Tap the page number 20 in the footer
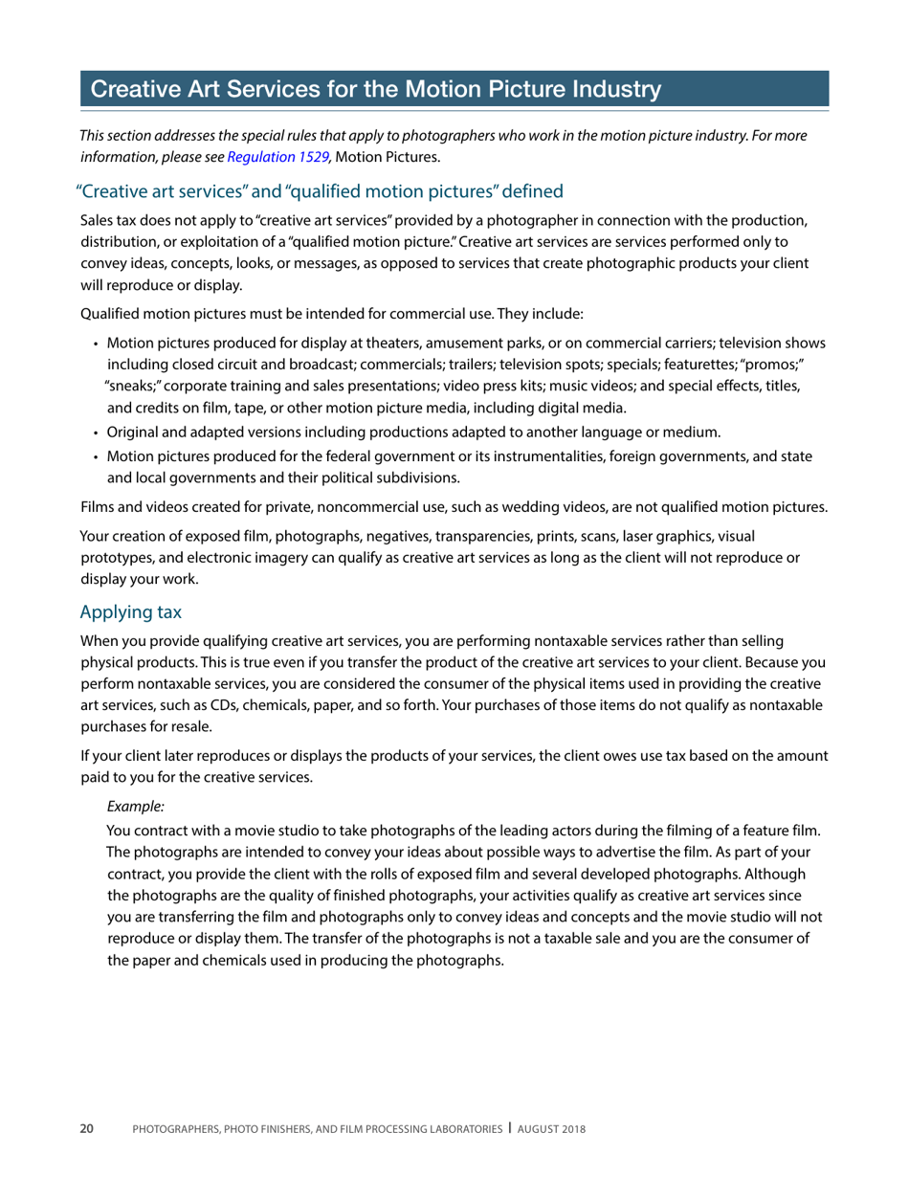[86, 1130]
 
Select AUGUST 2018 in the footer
[552, 1130]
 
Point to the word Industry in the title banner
[612, 90]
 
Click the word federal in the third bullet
[338, 456]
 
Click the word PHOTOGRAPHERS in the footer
[176, 1130]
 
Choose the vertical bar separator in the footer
[510, 1129]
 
